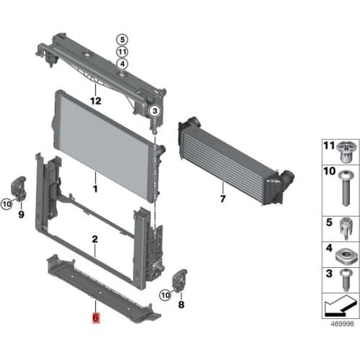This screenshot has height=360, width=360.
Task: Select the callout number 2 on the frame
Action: (94, 238)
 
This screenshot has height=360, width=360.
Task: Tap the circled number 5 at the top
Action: (122, 40)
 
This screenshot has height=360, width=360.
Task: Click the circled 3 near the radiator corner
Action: (154, 111)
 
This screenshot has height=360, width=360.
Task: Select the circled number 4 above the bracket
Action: (122, 64)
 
